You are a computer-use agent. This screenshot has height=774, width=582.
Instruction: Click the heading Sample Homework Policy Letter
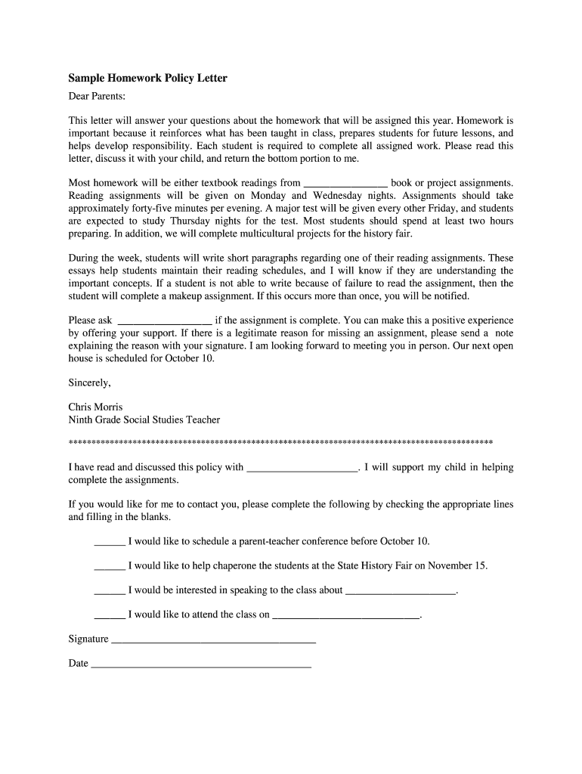coord(147,78)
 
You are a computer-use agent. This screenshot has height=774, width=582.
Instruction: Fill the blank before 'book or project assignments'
coord(345,183)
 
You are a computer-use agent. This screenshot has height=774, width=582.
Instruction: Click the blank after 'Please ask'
coord(166,320)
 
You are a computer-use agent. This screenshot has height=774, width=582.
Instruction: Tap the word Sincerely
coord(89,382)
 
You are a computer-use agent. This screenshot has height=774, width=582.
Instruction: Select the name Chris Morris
coord(95,407)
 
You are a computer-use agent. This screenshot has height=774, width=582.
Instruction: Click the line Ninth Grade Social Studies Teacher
coord(144,420)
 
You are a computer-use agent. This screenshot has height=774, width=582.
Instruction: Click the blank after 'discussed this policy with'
coord(302,468)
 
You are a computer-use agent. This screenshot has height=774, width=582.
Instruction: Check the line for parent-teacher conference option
coord(110,542)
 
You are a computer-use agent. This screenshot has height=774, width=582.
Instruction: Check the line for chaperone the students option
coord(110,566)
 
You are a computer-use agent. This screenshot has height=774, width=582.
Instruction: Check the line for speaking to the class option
coord(110,590)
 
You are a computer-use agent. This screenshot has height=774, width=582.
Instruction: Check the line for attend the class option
coord(110,615)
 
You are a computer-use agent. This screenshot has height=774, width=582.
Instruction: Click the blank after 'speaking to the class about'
coord(401,590)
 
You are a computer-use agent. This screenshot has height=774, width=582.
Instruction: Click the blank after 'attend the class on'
coord(345,615)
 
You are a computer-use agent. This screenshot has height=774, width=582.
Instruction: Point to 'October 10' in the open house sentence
coord(189,358)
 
